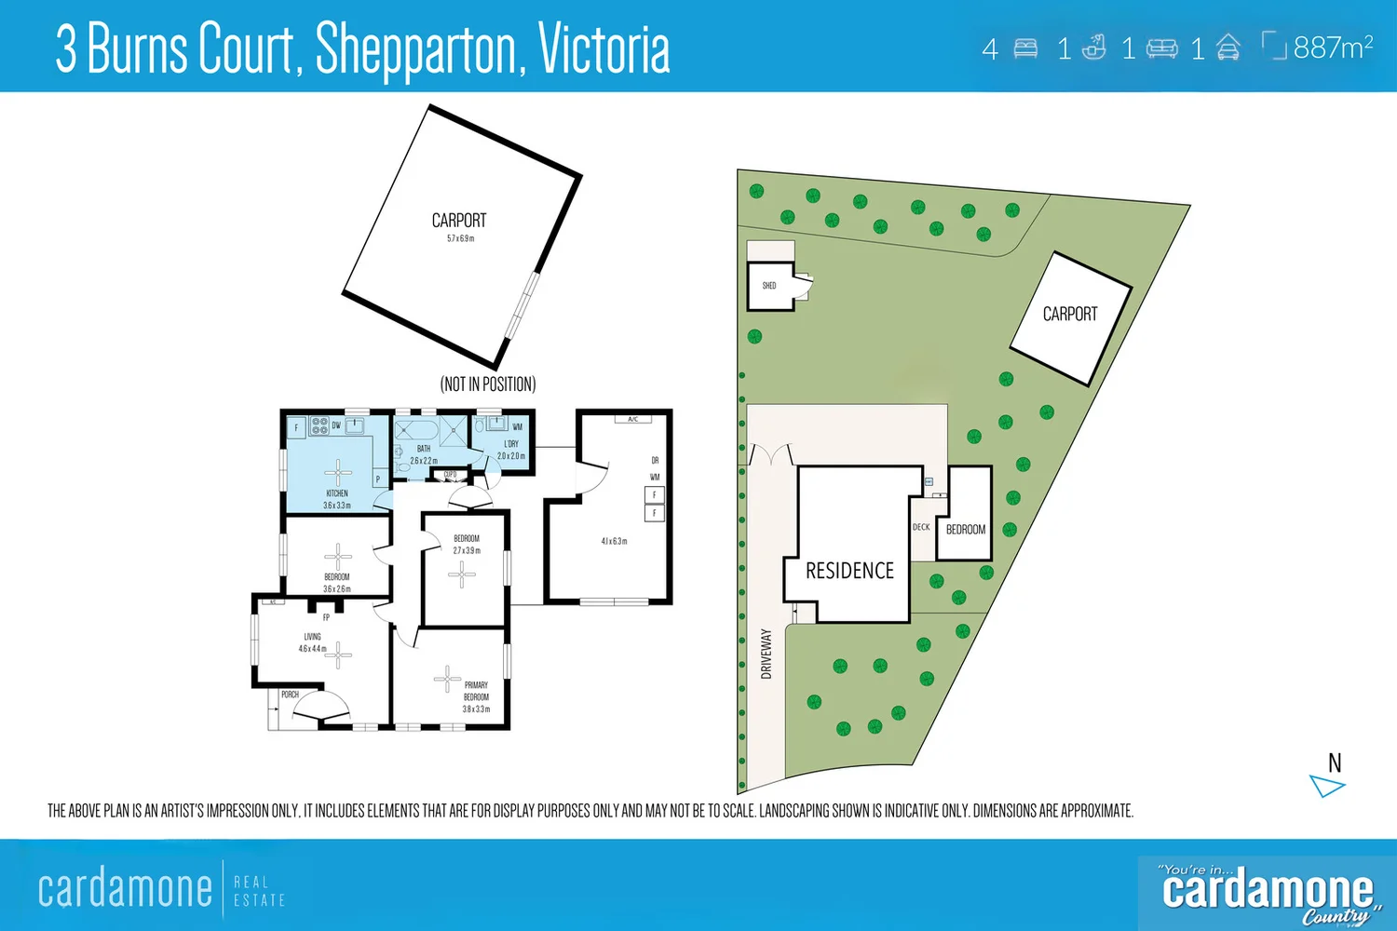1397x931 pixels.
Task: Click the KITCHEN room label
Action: click(x=337, y=493)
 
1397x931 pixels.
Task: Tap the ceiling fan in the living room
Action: click(x=338, y=654)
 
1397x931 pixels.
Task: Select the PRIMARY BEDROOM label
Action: click(x=476, y=691)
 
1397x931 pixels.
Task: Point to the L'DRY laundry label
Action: click(x=511, y=444)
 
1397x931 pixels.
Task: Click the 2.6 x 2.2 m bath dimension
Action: click(x=424, y=461)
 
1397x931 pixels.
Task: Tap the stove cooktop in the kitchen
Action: click(x=319, y=426)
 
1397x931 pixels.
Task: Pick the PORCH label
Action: click(x=290, y=695)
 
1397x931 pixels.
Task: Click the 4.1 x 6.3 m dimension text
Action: click(x=614, y=541)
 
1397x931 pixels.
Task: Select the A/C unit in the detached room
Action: click(x=632, y=420)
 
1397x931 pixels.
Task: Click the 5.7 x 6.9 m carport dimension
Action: click(x=460, y=238)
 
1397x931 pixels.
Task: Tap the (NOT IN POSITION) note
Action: click(x=488, y=385)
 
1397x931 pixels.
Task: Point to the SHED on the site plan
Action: click(x=769, y=286)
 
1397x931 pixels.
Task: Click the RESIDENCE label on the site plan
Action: click(x=849, y=571)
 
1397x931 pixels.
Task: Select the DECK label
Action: click(x=921, y=527)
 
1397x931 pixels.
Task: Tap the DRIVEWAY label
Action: click(x=766, y=654)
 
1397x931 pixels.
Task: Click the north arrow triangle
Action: click(x=1326, y=787)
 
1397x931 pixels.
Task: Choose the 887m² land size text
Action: click(x=1333, y=47)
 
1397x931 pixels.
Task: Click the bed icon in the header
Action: click(x=1025, y=48)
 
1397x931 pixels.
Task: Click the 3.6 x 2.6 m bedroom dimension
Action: click(x=337, y=589)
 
